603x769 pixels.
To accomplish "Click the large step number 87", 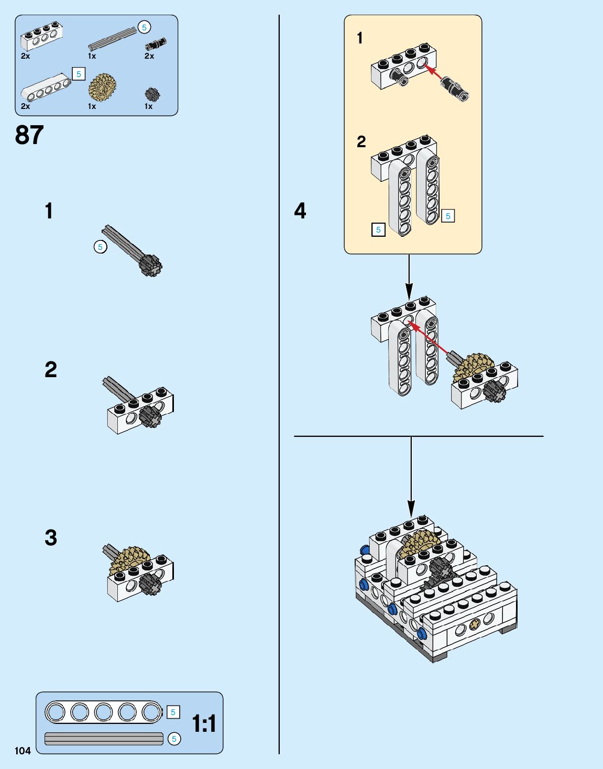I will pyautogui.click(x=29, y=135).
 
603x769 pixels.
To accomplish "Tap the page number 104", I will pyautogui.click(x=23, y=751).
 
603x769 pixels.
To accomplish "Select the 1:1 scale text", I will pyautogui.click(x=204, y=723).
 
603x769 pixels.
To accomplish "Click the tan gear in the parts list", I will pyautogui.click(x=102, y=87).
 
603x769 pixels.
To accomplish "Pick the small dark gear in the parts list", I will pyautogui.click(x=152, y=94).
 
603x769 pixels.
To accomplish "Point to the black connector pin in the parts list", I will pyautogui.click(x=156, y=43).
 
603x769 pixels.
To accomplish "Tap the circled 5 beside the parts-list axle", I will pyautogui.click(x=144, y=27).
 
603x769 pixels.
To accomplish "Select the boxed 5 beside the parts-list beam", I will pyautogui.click(x=79, y=74).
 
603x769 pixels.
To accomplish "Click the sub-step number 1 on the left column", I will pyautogui.click(x=49, y=211).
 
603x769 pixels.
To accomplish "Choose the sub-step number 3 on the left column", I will pyautogui.click(x=50, y=538).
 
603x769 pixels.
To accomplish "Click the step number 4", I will pyautogui.click(x=300, y=211).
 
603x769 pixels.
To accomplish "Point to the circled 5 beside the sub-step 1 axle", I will pyautogui.click(x=100, y=246).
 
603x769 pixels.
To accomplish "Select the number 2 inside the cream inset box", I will pyautogui.click(x=361, y=141).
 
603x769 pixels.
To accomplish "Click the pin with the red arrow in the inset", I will pyautogui.click(x=454, y=87).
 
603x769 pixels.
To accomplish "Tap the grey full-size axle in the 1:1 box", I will pyautogui.click(x=104, y=739).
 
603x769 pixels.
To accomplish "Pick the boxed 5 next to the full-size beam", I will pyautogui.click(x=173, y=712).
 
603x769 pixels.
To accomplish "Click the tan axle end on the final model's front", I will pyautogui.click(x=475, y=623).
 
